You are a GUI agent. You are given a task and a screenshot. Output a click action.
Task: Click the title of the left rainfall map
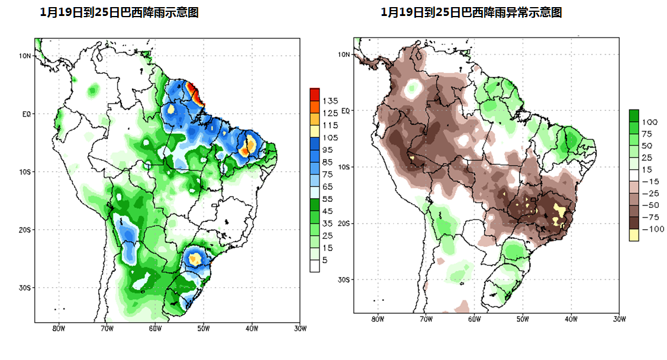click(x=118, y=12)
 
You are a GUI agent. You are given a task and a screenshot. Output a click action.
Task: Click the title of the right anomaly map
click(x=471, y=12)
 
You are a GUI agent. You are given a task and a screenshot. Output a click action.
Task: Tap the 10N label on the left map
click(x=24, y=56)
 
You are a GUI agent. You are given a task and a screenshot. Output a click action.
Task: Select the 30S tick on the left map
click(x=24, y=287)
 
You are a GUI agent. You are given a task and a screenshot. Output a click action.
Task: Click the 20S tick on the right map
click(x=344, y=223)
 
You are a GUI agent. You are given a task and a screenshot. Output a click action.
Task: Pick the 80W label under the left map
click(x=58, y=327)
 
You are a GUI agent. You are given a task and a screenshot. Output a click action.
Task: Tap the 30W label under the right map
click(x=619, y=319)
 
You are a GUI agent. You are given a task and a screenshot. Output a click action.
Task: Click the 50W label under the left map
click(x=202, y=327)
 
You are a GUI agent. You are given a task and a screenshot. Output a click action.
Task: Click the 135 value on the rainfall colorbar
click(x=330, y=101)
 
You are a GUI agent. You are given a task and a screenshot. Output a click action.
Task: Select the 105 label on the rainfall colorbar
click(x=330, y=138)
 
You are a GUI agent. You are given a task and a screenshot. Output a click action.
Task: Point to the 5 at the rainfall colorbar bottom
click(x=326, y=260)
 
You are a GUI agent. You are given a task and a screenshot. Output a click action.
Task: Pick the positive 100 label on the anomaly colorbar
click(x=650, y=122)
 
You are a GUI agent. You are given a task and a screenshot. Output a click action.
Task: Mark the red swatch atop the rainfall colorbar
click(x=314, y=94)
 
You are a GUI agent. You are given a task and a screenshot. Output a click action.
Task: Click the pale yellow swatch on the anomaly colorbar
click(x=634, y=234)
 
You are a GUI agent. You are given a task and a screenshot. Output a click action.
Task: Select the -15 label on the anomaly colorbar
click(x=650, y=181)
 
